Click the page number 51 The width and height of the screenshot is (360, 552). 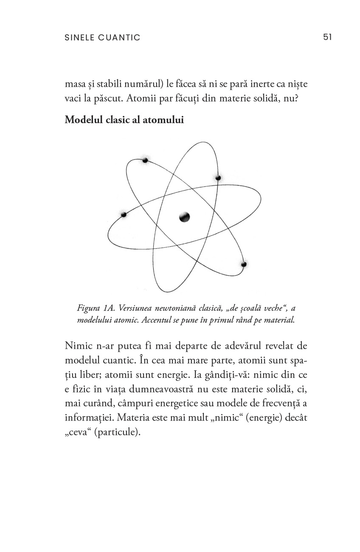(327, 37)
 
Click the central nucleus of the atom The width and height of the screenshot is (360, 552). (184, 217)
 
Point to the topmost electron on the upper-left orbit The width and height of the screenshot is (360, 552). (145, 160)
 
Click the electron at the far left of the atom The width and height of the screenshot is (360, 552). (124, 215)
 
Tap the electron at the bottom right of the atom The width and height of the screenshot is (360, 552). (244, 265)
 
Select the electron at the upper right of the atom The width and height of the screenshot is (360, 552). (218, 177)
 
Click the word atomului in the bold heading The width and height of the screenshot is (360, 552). (166, 120)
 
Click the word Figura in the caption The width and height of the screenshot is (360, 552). (88, 307)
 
